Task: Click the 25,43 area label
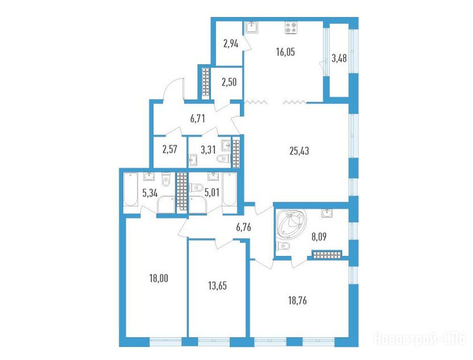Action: (299, 151)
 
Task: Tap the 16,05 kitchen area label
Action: (285, 52)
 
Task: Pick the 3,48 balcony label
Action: (339, 58)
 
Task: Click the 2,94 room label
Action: (231, 44)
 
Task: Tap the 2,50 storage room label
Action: (229, 82)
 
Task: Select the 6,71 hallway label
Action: (197, 119)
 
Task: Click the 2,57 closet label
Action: (170, 150)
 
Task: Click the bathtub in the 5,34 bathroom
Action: (131, 189)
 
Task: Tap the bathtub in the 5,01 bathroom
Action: (230, 189)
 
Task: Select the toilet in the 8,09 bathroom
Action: (284, 246)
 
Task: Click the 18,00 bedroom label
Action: (158, 278)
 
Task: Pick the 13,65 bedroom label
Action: (218, 285)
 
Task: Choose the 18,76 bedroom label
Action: (297, 300)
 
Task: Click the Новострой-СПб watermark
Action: (420, 339)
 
